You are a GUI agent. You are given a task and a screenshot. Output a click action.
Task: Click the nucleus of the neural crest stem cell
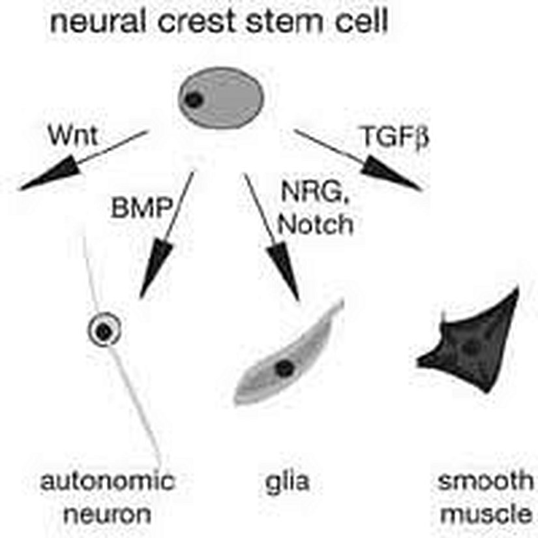pos(193,99)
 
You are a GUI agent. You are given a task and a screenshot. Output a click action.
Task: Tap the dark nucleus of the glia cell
pos(283,368)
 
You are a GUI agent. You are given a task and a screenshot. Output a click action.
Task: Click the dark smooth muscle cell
pos(476,346)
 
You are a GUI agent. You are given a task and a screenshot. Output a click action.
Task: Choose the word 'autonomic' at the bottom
pos(108,483)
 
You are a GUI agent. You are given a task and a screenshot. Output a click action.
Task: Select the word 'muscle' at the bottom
pos(485,515)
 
